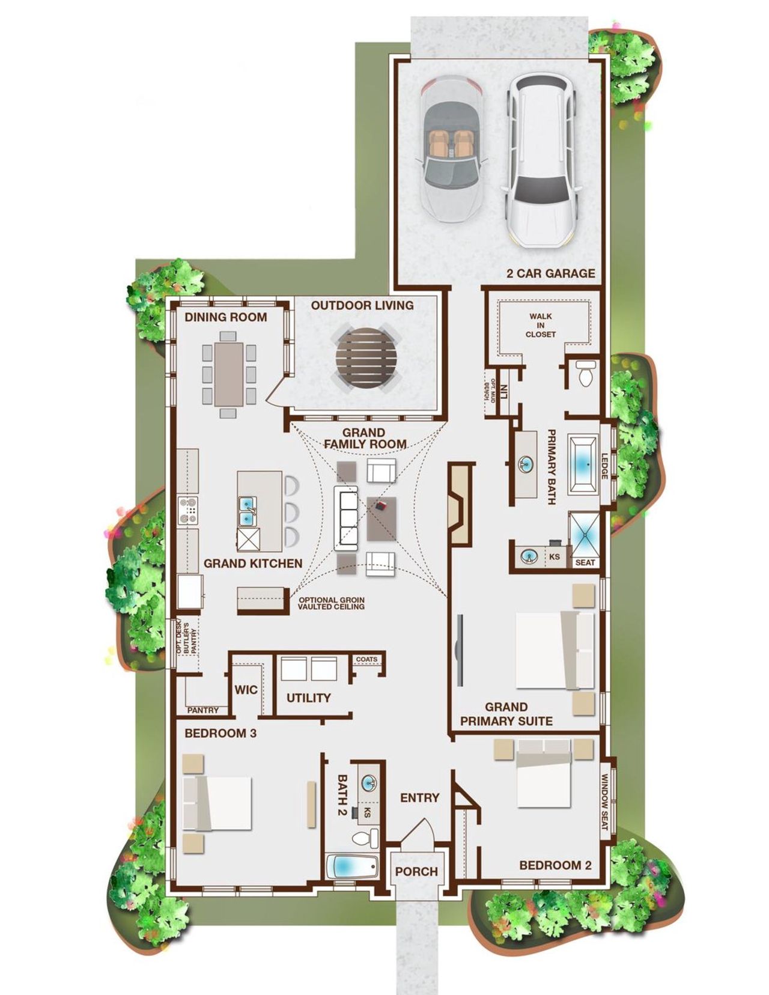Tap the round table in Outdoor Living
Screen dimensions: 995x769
click(366, 360)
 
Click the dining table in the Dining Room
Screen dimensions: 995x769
click(229, 373)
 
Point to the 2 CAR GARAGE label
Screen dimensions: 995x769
click(550, 273)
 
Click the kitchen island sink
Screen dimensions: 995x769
click(248, 511)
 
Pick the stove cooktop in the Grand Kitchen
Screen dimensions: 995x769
click(188, 511)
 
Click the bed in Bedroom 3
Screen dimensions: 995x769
click(216, 802)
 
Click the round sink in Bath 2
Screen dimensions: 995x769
click(368, 782)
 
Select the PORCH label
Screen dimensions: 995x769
click(416, 871)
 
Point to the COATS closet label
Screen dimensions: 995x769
click(366, 659)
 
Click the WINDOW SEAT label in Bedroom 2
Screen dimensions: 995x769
click(604, 802)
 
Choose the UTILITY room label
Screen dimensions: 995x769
click(308, 698)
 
